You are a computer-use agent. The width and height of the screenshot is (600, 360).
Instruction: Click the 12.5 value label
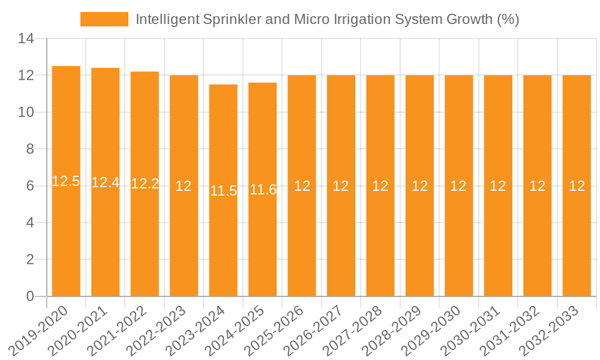tap(66, 181)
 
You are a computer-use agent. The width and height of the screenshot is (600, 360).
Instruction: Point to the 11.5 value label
tap(223, 191)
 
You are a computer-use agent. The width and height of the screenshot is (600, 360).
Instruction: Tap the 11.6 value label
tap(263, 190)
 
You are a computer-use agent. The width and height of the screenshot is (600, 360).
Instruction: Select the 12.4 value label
tap(106, 182)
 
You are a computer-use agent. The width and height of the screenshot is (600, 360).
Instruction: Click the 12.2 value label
tap(145, 184)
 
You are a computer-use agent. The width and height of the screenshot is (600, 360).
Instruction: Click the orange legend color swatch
tap(104, 19)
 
